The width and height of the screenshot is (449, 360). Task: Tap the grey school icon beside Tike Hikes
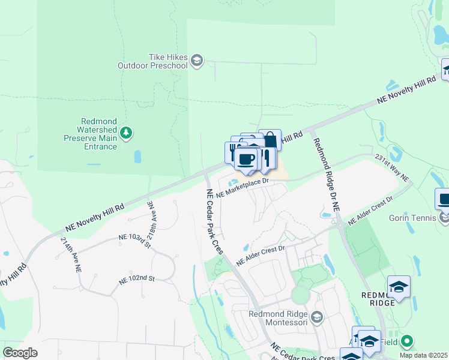pyautogui.click(x=197, y=61)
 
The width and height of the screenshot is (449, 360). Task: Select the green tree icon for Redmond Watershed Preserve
pyautogui.click(x=126, y=132)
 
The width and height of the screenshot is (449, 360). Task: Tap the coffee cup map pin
pyautogui.click(x=246, y=160)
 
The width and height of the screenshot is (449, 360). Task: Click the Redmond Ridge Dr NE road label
pyautogui.click(x=325, y=172)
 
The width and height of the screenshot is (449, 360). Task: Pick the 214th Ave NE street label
pyautogui.click(x=70, y=255)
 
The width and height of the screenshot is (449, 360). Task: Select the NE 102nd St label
pyautogui.click(x=137, y=278)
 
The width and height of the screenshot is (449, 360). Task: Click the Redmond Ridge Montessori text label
pyautogui.click(x=279, y=318)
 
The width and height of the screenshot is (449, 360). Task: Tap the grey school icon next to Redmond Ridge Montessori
pyautogui.click(x=318, y=317)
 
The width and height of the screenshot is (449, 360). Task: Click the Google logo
pyautogui.click(x=20, y=353)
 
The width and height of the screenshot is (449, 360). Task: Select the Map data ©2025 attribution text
pyautogui.click(x=423, y=355)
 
